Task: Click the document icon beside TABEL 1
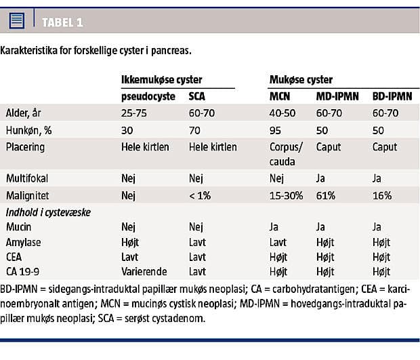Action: coord(17,21)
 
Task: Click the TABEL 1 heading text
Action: coord(62,22)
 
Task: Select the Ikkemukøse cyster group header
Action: coord(157,80)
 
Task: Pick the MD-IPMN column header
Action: coord(337,96)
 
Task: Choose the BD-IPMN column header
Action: coord(392,96)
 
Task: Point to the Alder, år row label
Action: coord(23,113)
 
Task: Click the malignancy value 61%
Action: coord(327,195)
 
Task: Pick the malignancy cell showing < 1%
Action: coord(201,195)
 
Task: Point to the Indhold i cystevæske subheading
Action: coord(47,212)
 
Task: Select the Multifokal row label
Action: coord(28,178)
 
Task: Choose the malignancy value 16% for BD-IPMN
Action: coord(382,195)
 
